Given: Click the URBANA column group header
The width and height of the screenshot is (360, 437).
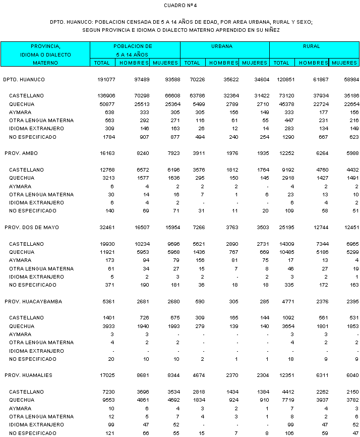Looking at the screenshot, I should (x=222, y=46).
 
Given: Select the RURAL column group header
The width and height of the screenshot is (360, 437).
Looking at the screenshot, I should (x=312, y=46).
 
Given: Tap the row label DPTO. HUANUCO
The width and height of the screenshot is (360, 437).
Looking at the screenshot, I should (x=24, y=80).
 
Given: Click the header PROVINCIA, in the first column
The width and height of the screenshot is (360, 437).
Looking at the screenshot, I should (x=45, y=46).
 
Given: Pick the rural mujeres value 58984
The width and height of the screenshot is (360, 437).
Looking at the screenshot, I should (x=348, y=80).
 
